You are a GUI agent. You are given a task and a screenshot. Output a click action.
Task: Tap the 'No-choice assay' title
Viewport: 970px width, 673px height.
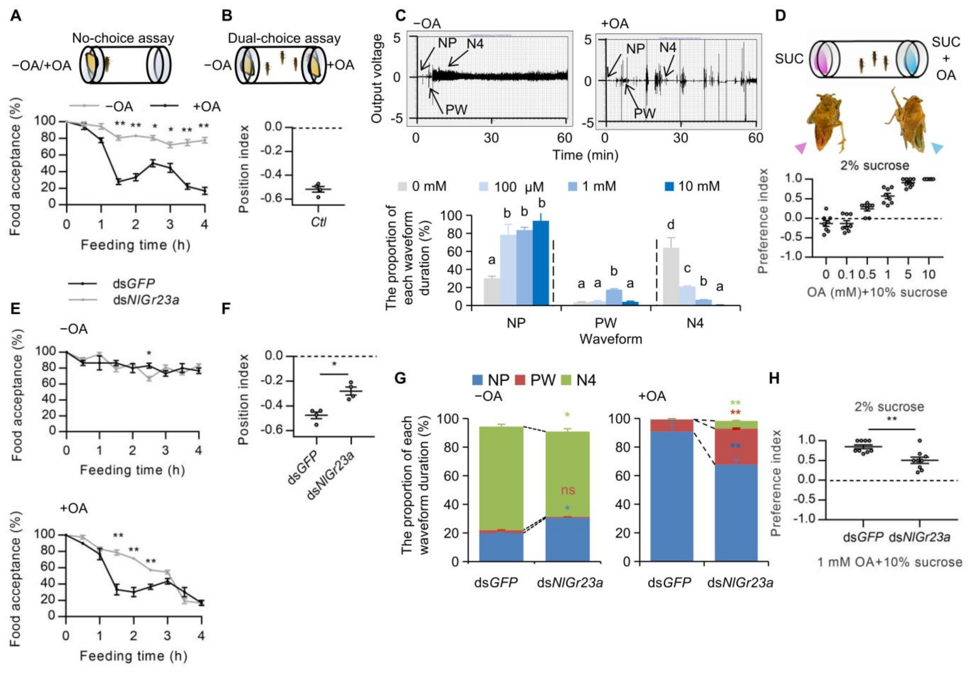coord(123,38)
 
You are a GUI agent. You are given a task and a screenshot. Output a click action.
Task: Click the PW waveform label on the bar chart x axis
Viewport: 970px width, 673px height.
coord(605,323)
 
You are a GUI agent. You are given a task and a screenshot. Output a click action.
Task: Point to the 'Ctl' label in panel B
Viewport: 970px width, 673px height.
coord(318,221)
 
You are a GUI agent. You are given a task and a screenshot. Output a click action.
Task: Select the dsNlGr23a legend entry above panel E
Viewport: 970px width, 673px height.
coord(146,300)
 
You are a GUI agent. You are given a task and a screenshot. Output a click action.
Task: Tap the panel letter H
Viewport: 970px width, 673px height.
coord(775,379)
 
